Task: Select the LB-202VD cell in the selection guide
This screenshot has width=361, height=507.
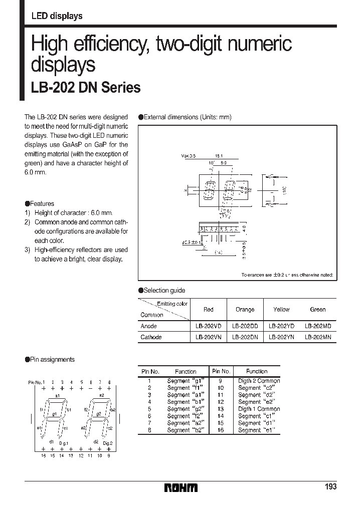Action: (209, 326)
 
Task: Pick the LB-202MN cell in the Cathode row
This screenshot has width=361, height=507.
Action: (318, 337)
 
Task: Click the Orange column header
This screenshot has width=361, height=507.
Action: (245, 310)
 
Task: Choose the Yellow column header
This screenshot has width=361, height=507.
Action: (281, 310)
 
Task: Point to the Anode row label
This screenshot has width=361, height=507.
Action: (149, 326)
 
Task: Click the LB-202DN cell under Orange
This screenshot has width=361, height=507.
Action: (245, 337)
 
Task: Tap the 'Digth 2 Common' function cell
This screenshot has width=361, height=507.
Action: (259, 381)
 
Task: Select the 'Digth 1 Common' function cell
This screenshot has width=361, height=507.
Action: (259, 409)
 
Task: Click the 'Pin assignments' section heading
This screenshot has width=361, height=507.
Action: (52, 359)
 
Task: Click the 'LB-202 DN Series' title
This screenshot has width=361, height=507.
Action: (86, 88)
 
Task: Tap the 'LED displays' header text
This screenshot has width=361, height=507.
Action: (57, 16)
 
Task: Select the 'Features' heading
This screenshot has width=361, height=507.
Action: (42, 204)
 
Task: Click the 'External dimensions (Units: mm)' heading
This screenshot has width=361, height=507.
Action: (188, 117)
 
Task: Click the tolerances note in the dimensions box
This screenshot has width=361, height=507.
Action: (287, 275)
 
